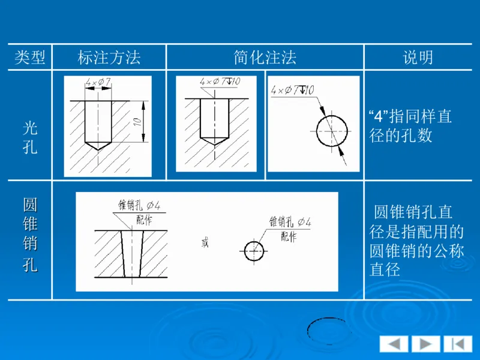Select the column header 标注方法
pos(109,58)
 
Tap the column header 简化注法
pos(265,58)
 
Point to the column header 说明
pos(418,58)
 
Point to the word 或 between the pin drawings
pos(206,244)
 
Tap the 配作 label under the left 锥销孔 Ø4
pos(145,220)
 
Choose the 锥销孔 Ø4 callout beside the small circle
pos(290,223)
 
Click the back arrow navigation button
pos(394,344)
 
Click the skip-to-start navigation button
pos(458,344)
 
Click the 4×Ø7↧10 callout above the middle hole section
pos(221,81)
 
